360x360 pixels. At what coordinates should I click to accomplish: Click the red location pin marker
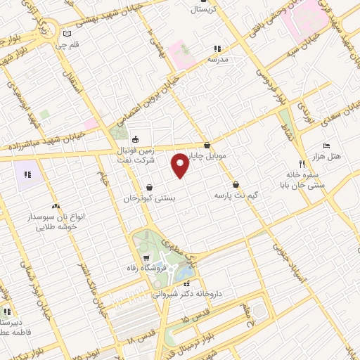(181, 165)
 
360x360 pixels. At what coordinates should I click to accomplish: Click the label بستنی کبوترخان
(149, 199)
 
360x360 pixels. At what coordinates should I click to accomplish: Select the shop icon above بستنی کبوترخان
(150, 187)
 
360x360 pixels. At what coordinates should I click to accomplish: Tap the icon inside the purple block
(28, 174)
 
